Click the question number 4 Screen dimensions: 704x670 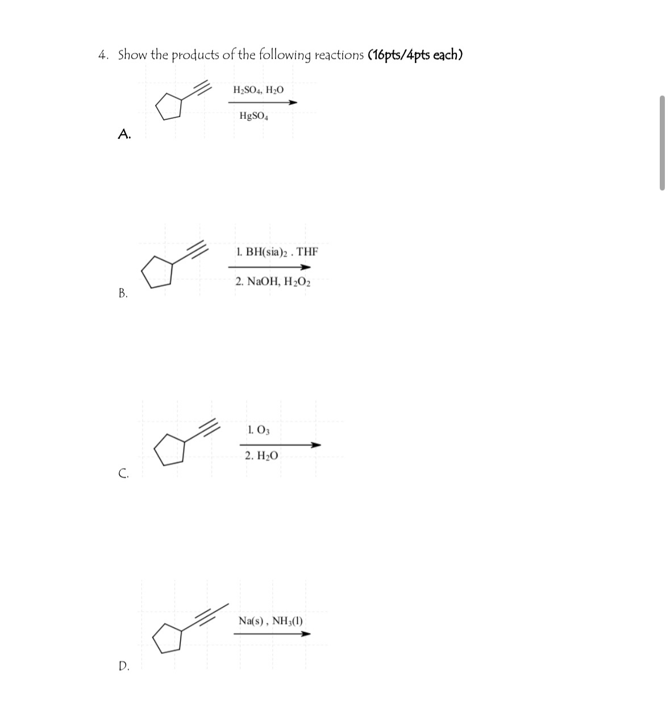coord(103,56)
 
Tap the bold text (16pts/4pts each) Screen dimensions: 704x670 coord(415,55)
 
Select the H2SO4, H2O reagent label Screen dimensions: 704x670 coord(259,90)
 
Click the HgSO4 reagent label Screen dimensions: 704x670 coord(253,117)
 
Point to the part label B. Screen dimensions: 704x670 coord(123,293)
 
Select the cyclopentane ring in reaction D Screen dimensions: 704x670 coord(168,637)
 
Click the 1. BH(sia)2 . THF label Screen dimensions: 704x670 coord(277,251)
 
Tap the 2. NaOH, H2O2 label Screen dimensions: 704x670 coord(273,281)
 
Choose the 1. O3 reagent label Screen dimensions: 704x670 coord(259,430)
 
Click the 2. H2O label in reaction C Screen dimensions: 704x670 coord(261,456)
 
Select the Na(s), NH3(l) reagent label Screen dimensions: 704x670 coord(271,620)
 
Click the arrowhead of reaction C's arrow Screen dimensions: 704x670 coord(317,445)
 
